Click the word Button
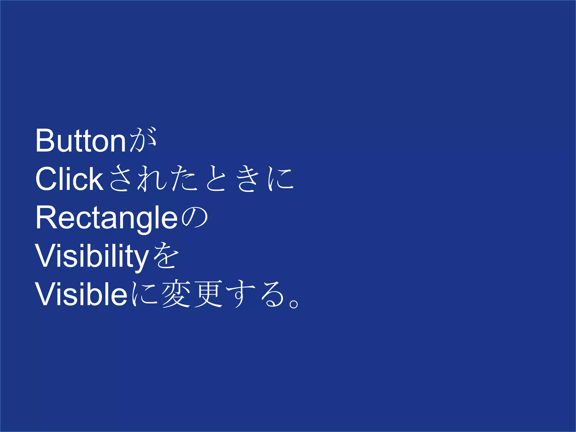click(80, 141)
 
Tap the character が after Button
click(143, 140)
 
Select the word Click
click(69, 179)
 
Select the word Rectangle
click(106, 217)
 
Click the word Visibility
click(92, 256)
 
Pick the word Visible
click(81, 294)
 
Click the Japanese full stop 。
click(294, 304)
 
